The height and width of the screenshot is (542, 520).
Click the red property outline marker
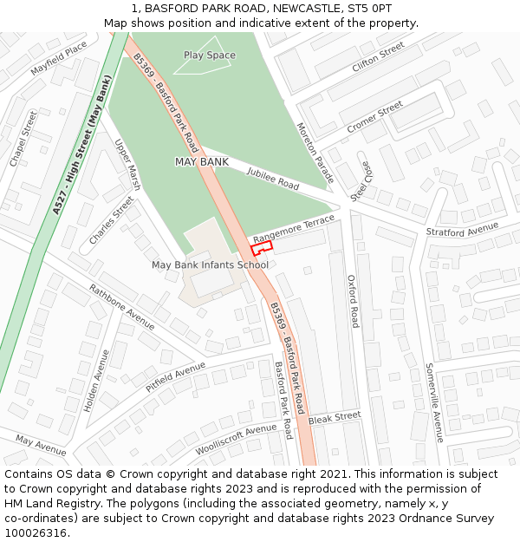(x=262, y=247)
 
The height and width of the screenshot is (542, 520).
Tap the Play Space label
(x=209, y=56)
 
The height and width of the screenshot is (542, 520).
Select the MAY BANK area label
(x=201, y=162)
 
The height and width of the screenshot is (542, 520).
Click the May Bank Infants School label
(x=210, y=264)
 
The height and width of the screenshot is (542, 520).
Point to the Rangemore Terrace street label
(x=293, y=228)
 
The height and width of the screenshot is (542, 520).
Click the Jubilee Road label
(x=272, y=180)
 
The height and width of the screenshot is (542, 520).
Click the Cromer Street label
(x=374, y=117)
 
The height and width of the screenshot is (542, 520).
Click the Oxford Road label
(x=352, y=301)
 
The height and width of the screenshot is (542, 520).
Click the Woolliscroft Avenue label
(x=235, y=440)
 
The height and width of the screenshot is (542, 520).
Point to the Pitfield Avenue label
(x=175, y=378)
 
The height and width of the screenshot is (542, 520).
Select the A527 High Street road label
(x=82, y=146)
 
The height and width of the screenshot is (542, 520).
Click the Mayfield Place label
(x=59, y=57)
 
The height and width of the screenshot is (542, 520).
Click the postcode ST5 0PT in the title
(x=368, y=8)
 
